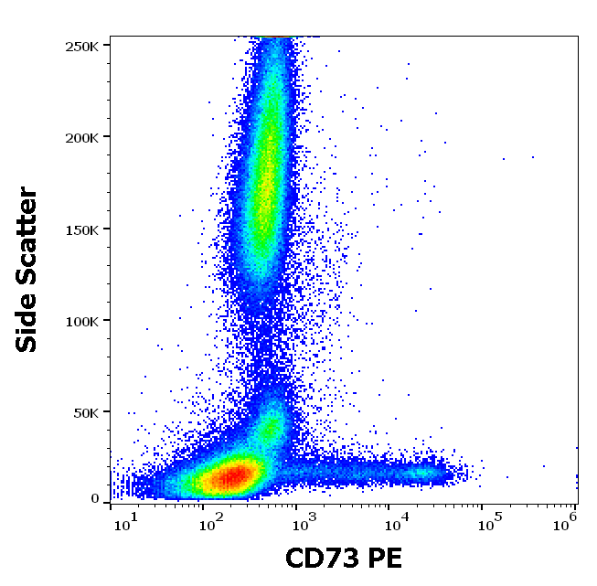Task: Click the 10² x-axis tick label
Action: (211, 521)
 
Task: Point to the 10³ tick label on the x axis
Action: (303, 521)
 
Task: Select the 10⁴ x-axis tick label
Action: (395, 521)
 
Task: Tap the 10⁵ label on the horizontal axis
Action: (488, 521)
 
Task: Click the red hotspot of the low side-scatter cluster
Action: (229, 475)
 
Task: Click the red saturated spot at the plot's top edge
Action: (274, 37)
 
